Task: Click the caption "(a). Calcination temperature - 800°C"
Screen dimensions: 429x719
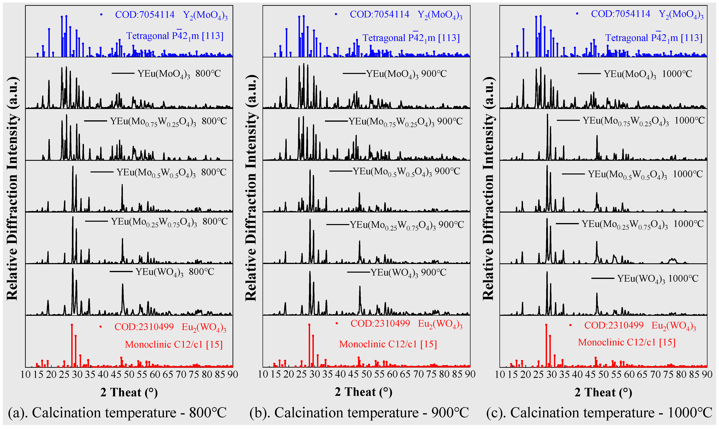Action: pyautogui.click(x=117, y=413)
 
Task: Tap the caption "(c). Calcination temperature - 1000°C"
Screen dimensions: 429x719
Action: pyautogui.click(x=599, y=413)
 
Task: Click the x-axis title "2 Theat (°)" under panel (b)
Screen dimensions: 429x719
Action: pyautogui.click(x=363, y=392)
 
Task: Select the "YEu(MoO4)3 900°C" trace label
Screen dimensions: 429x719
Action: pyautogui.click(x=406, y=74)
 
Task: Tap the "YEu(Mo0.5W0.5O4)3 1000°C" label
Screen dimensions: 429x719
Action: pyautogui.click(x=645, y=174)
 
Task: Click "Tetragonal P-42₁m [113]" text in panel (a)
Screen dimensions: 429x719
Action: pyautogui.click(x=175, y=36)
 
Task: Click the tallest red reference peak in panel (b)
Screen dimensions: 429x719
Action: pyautogui.click(x=309, y=325)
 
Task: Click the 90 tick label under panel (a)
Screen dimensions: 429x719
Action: pyautogui.click(x=232, y=375)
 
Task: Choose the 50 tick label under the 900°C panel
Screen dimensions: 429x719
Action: pyautogui.click(x=366, y=375)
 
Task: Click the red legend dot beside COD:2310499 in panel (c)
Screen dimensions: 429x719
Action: pyautogui.click(x=570, y=325)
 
